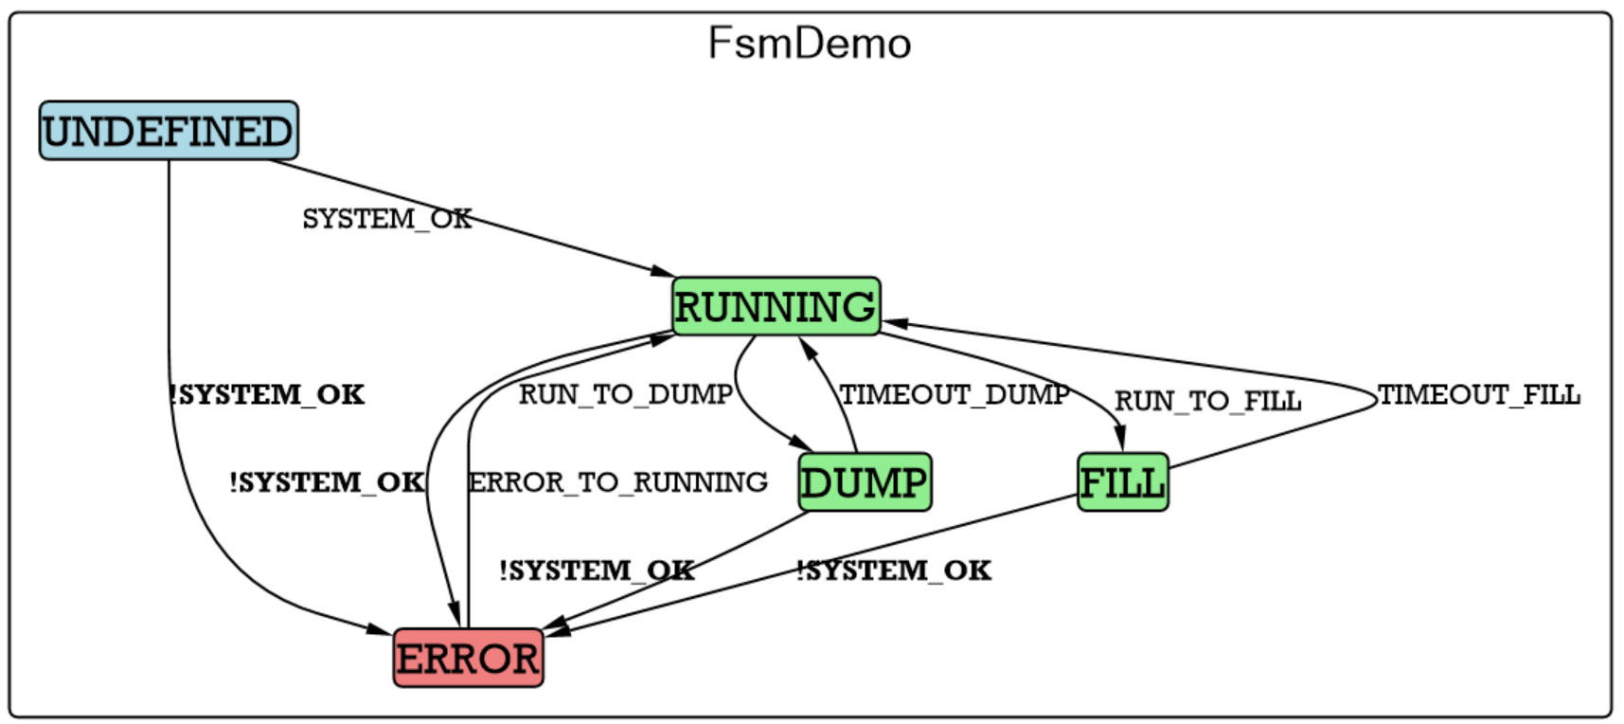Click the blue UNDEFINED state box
tap(169, 131)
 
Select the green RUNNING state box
tap(776, 307)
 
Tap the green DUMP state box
tap(864, 482)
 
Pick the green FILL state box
tap(1122, 482)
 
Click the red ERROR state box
tap(468, 659)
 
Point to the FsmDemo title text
tap(810, 44)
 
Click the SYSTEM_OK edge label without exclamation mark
tap(386, 219)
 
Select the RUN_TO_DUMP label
tap(625, 394)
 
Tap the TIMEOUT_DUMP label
tap(954, 394)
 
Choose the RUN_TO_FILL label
tap(1207, 401)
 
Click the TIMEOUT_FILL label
tap(1478, 394)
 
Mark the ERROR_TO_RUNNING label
tap(617, 482)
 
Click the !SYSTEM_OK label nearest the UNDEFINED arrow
tap(266, 394)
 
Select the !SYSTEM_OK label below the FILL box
tap(894, 570)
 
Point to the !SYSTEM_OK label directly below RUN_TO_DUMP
tap(597, 570)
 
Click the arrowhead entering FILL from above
tap(1120, 441)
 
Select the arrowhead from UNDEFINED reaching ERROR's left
tap(380, 629)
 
